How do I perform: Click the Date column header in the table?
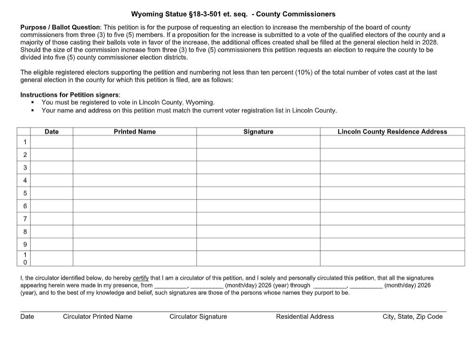click(x=52, y=131)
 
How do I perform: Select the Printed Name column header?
click(x=135, y=131)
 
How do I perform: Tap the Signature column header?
click(x=258, y=131)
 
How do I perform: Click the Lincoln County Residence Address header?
click(x=392, y=131)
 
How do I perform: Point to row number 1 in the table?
click(x=25, y=142)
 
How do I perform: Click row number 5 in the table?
click(x=25, y=193)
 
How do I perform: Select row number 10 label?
click(x=25, y=258)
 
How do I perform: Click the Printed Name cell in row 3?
click(x=135, y=168)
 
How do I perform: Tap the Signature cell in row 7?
click(x=258, y=219)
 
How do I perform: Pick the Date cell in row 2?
click(x=52, y=155)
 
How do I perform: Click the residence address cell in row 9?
click(x=392, y=244)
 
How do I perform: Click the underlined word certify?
click(x=141, y=278)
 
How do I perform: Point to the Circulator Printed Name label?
click(x=98, y=316)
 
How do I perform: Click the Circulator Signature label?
click(x=198, y=316)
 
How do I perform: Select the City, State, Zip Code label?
click(x=412, y=316)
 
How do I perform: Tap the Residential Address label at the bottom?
click(x=305, y=316)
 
